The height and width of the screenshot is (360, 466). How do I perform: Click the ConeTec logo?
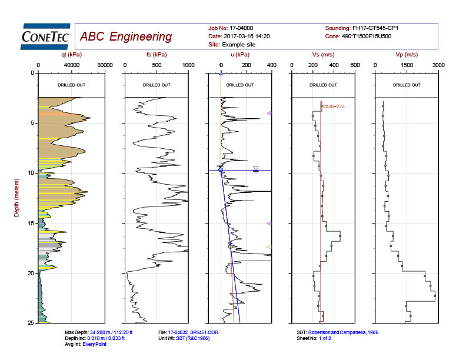pos(46,36)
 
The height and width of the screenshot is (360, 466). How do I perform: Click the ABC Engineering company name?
pos(126,37)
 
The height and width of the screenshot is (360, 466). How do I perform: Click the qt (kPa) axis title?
pos(71,55)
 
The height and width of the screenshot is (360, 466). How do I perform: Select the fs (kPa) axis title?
pos(156,55)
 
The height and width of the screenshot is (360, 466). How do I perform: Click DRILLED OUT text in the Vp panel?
pos(407,85)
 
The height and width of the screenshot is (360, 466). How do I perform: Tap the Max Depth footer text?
pos(101,332)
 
